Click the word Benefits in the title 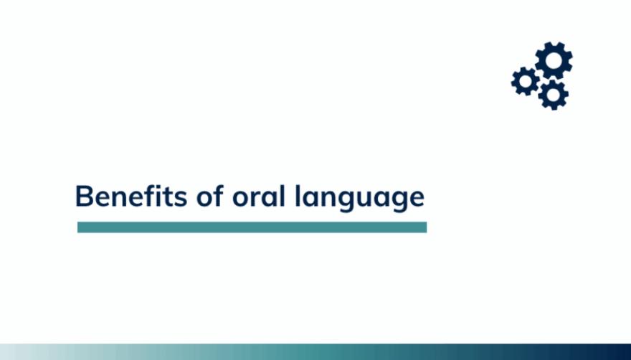pos(131,196)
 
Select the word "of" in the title pos(209,196)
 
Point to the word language pos(360,198)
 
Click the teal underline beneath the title pos(252,227)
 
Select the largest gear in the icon pos(554,61)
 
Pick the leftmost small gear pos(526,81)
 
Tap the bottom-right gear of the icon pos(554,95)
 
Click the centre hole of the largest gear pos(554,61)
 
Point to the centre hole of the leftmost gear pos(526,81)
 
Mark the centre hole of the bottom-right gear pos(554,95)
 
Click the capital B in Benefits pos(85,196)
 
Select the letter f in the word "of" pos(218,195)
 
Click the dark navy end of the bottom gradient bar pos(620,352)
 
